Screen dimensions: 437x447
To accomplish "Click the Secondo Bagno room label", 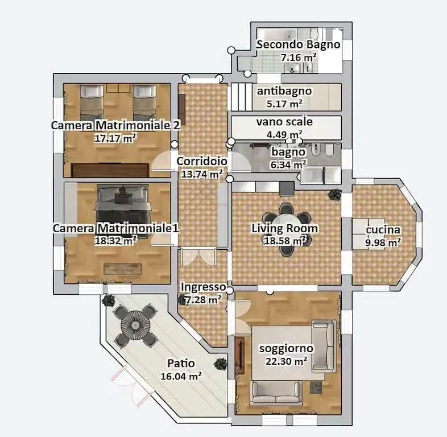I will (298, 44).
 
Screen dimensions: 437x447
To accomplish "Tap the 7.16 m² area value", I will (299, 57).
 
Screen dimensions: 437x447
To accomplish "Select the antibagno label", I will (284, 91).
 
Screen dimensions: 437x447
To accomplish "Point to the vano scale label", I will (284, 122).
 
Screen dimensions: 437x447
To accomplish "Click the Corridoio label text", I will (201, 162).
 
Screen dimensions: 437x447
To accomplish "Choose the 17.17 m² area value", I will (116, 137).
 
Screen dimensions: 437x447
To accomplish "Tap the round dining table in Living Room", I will (287, 225).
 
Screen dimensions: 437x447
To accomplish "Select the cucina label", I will (383, 230).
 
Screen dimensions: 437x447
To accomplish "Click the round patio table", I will (135, 325).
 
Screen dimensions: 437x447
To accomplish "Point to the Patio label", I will (181, 363).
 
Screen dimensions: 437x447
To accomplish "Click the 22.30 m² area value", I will (286, 361).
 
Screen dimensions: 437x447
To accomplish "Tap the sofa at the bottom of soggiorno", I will (276, 393).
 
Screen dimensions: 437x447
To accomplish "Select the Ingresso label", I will (203, 287).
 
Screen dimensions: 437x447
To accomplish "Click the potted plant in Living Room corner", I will (334, 195).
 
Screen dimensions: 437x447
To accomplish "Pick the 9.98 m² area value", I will (383, 242).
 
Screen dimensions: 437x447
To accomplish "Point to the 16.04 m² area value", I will (181, 376).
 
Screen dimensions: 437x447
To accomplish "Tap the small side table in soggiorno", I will (316, 388).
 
